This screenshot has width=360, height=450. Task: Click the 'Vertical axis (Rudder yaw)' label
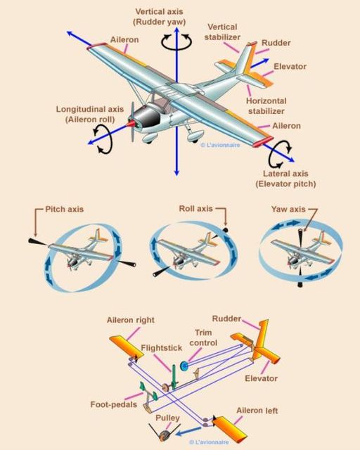click(160, 17)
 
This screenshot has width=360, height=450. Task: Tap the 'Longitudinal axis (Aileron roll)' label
click(90, 114)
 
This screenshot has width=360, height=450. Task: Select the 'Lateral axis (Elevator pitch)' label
click(285, 179)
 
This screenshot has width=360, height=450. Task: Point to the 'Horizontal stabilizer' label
click(266, 106)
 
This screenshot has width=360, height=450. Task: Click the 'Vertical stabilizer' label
click(222, 32)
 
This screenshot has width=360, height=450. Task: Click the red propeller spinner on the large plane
click(131, 124)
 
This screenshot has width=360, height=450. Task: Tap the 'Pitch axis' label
click(64, 209)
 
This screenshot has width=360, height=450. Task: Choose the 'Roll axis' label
click(195, 208)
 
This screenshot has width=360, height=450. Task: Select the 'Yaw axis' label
click(288, 209)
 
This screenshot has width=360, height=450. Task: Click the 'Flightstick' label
click(162, 348)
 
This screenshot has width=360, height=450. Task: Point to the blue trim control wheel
click(184, 366)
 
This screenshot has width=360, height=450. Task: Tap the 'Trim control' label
click(203, 337)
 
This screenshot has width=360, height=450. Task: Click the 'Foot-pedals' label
click(114, 404)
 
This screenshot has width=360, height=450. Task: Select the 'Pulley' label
click(167, 418)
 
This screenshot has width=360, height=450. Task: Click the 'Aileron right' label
click(131, 320)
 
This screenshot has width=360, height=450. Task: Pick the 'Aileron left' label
click(257, 411)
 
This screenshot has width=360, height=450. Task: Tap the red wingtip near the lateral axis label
click(263, 141)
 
